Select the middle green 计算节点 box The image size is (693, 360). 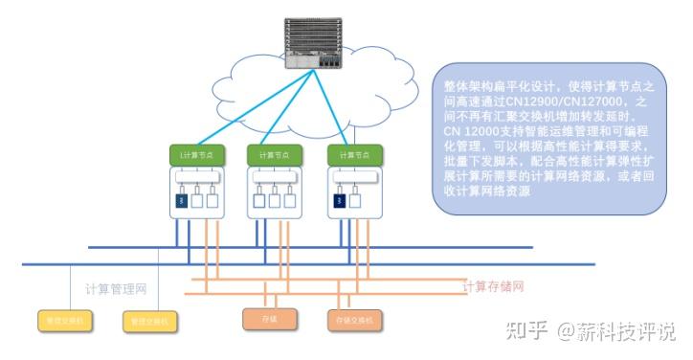pyautogui.click(x=274, y=155)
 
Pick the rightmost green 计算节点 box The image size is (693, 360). pyautogui.click(x=354, y=155)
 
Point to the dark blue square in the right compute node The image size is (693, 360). pyautogui.click(x=340, y=201)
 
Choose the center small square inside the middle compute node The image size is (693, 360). pyautogui.click(x=274, y=201)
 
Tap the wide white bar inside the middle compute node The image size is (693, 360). pyautogui.click(x=274, y=178)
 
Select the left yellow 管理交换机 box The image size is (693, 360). pyautogui.click(x=59, y=321)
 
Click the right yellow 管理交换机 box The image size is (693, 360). pyautogui.click(x=145, y=321)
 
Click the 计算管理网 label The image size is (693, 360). pyautogui.click(x=117, y=289)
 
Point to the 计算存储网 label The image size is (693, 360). pyautogui.click(x=494, y=285)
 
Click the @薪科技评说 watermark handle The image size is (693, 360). pyautogui.click(x=617, y=332)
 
